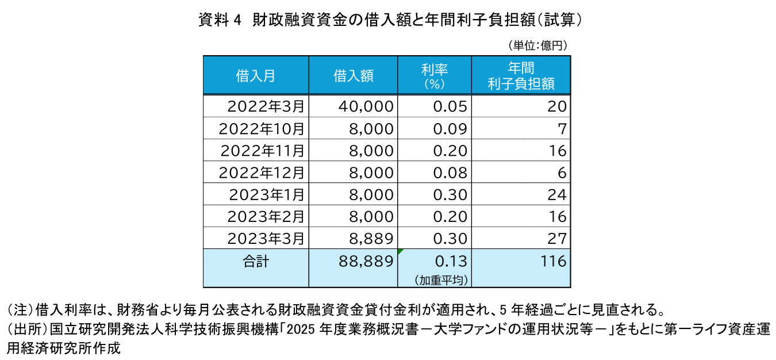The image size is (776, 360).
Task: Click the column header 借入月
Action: pyautogui.click(x=256, y=76)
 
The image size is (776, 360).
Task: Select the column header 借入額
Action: pyautogui.click(x=354, y=76)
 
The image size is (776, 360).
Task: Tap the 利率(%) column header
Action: pyautogui.click(x=435, y=76)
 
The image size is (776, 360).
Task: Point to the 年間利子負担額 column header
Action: pyautogui.click(x=521, y=76)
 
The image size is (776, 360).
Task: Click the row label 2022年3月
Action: pyautogui.click(x=266, y=106)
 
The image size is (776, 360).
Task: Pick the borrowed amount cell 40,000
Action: pyautogui.click(x=366, y=106)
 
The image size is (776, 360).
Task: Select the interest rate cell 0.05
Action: pyautogui.click(x=450, y=106)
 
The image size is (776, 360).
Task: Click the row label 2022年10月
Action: pyautogui.click(x=262, y=129)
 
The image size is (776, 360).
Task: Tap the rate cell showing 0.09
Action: pyautogui.click(x=450, y=129)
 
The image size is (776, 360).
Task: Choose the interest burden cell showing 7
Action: pyautogui.click(x=562, y=129)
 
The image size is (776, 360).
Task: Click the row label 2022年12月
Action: pyautogui.click(x=262, y=173)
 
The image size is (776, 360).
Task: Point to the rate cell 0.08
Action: pyautogui.click(x=450, y=173)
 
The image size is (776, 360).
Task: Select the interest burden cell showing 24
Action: pyautogui.click(x=557, y=195)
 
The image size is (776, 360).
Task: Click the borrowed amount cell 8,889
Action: pyautogui.click(x=371, y=239)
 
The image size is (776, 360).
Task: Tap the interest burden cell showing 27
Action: pyautogui.click(x=557, y=239)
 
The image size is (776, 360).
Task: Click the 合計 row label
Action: pyautogui.click(x=256, y=262)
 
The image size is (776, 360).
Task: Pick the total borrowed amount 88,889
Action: pyautogui.click(x=366, y=261)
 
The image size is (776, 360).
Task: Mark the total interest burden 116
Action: pyautogui.click(x=553, y=261)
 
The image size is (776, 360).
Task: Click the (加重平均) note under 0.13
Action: pyautogui.click(x=441, y=280)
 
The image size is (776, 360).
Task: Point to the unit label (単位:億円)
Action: pyautogui.click(x=537, y=45)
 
